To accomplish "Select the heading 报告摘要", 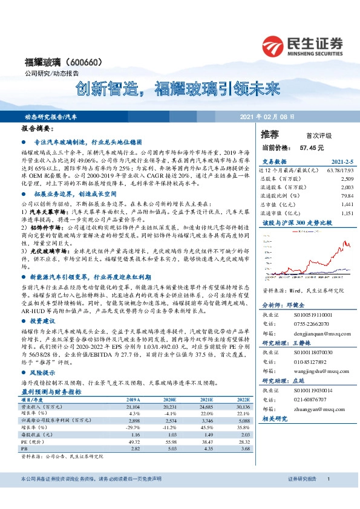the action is pos(38,129).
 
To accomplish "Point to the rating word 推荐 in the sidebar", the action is pos(270,134).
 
